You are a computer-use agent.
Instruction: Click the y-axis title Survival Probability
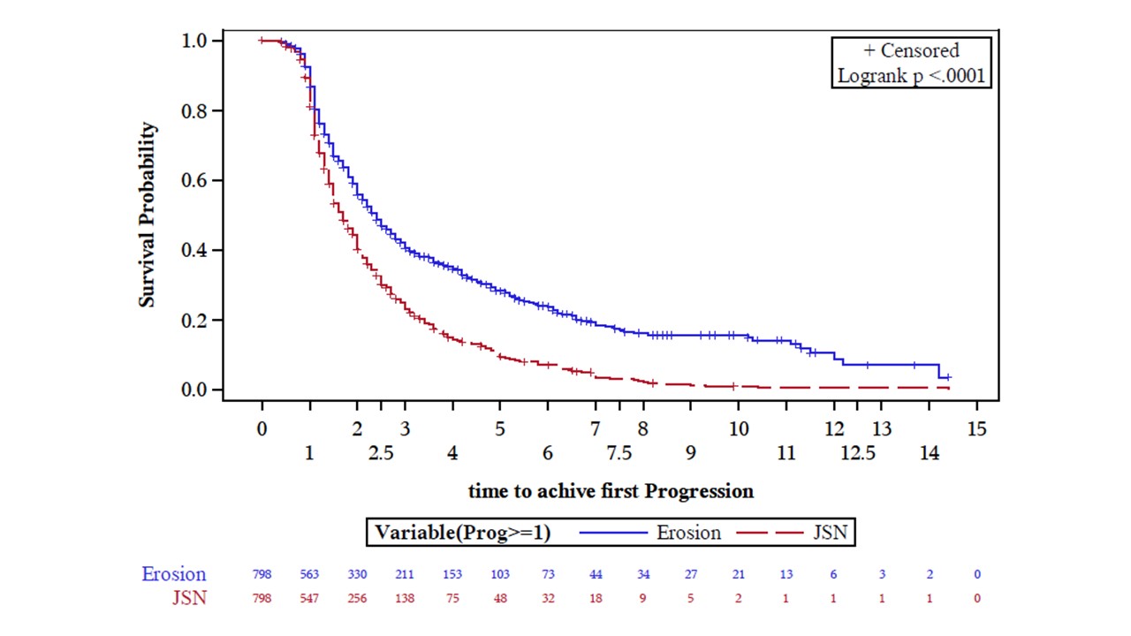[148, 215]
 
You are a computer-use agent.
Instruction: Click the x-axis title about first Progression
[611, 491]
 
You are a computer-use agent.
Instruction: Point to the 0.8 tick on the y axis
[195, 110]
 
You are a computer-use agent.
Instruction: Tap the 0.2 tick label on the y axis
[195, 320]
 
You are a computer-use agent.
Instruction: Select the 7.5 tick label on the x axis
[619, 453]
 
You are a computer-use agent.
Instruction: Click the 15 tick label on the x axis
[976, 429]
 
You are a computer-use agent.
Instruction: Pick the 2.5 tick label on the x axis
[381, 453]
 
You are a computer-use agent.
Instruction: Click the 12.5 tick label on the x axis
[858, 453]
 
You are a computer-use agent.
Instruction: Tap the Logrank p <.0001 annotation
[911, 77]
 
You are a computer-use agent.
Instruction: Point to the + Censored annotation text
[911, 51]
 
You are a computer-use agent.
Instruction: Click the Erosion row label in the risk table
[174, 574]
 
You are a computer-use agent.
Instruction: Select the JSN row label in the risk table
[189, 598]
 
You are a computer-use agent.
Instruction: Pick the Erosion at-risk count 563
[309, 574]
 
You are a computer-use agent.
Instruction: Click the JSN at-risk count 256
[357, 598]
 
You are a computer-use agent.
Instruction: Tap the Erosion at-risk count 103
[500, 574]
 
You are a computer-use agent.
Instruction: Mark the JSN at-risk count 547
[309, 598]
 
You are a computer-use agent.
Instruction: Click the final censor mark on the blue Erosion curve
[948, 377]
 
